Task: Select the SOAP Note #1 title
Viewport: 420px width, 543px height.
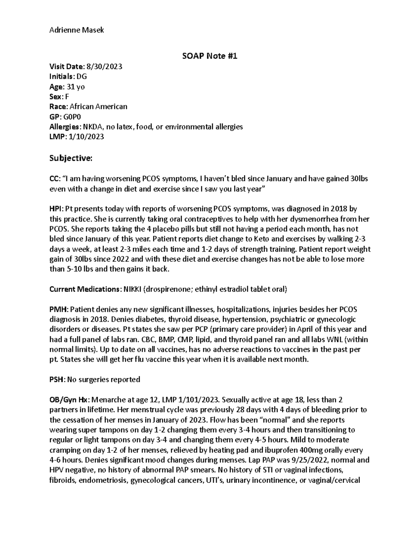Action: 210,56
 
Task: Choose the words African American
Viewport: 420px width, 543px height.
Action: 98,107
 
